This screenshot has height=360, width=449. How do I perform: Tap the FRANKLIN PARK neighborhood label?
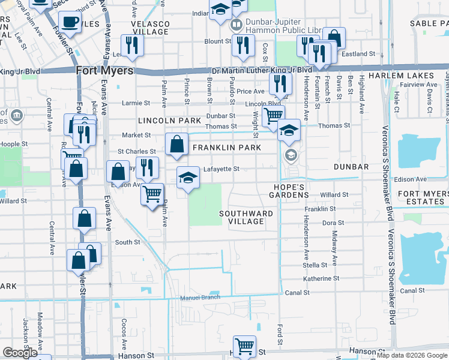point(226,148)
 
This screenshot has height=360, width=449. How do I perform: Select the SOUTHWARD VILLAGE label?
point(246,217)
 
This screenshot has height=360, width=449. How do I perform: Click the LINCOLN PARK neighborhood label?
point(169,121)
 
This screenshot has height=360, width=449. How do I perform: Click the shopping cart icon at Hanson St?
point(244,346)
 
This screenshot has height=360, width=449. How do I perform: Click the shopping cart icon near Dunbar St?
point(273,115)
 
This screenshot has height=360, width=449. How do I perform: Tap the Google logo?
point(20,353)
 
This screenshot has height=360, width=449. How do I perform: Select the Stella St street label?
point(315,265)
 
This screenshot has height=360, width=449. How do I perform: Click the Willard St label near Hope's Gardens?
point(334,195)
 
